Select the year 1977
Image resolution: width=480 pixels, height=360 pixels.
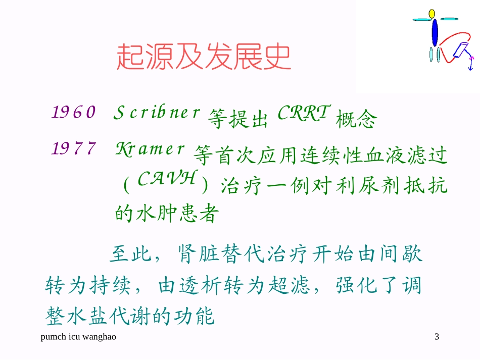pos(74,148)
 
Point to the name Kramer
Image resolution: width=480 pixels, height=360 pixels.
pos(151,148)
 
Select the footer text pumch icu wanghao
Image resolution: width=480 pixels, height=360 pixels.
pos(78,337)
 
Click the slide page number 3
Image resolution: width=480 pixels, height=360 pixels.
pos(437,337)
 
